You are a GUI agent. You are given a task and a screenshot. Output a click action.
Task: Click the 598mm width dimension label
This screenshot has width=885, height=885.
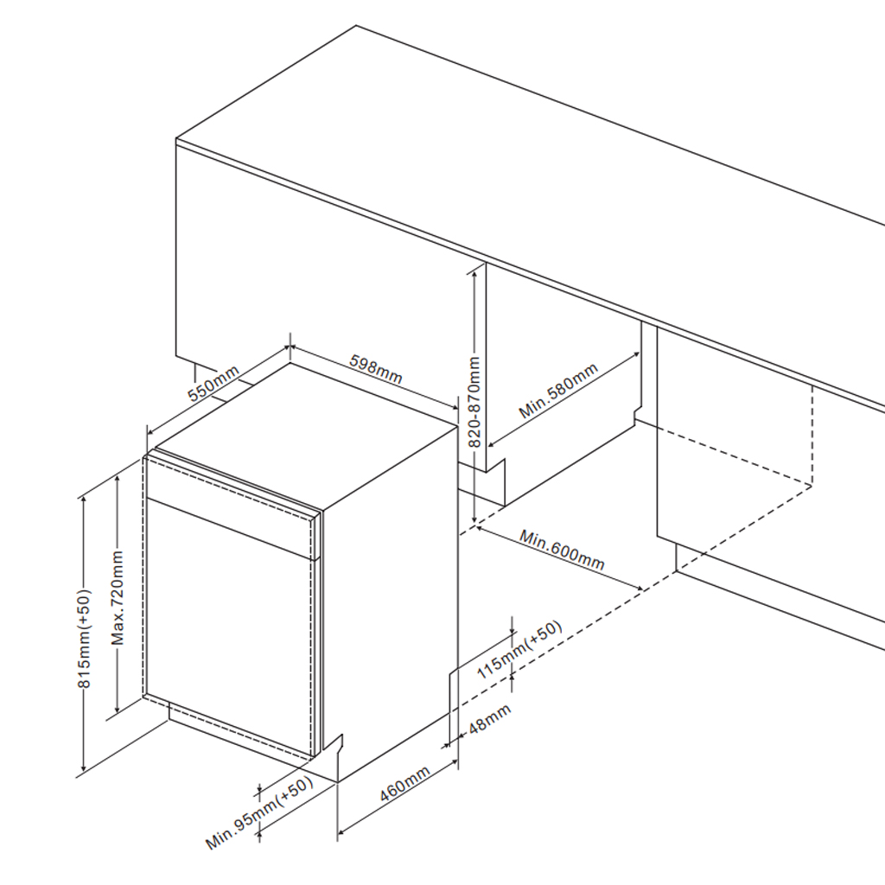[376, 368]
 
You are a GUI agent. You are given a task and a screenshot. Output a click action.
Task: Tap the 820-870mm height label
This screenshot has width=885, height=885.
[474, 402]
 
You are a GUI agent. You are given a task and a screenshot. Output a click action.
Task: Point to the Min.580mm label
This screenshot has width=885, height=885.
[558, 392]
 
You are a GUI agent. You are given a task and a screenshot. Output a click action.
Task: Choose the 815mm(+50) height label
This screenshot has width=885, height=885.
[84, 640]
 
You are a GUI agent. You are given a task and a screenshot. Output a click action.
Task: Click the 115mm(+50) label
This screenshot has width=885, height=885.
[519, 651]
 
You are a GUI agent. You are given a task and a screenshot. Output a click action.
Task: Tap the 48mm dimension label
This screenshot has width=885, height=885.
[488, 720]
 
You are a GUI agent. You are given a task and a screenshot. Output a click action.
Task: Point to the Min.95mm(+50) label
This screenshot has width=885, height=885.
[258, 814]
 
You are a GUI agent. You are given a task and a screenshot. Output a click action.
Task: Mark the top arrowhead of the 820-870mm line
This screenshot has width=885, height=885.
[474, 270]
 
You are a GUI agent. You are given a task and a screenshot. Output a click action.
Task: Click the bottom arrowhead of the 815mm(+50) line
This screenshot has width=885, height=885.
[83, 770]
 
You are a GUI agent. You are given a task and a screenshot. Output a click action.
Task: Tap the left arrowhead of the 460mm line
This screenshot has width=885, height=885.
[340, 835]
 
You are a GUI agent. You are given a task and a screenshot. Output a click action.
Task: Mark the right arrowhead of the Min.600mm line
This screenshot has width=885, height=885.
[642, 589]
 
